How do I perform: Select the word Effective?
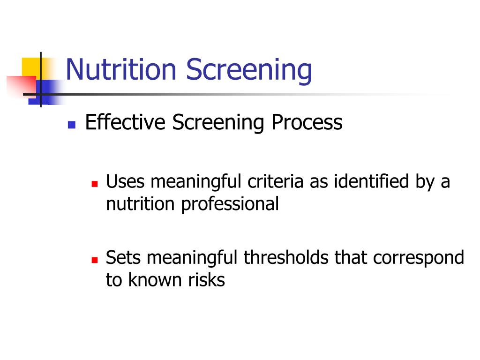coord(125,122)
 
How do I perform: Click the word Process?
coord(307,122)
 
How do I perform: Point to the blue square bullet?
coord(72,125)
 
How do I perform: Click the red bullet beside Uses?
coord(95,184)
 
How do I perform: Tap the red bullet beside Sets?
coord(95,260)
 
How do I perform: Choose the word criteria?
coord(275,181)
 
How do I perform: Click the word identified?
coord(371,181)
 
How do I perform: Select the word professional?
coord(230,204)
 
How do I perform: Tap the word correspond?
coord(419,258)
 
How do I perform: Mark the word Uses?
coord(125,181)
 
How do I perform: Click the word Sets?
coord(123,257)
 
